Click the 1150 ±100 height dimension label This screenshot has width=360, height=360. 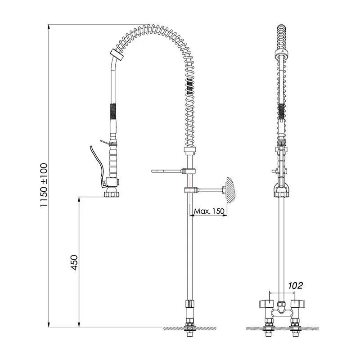[44, 185]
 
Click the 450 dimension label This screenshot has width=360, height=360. [74, 262]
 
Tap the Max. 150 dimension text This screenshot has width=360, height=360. [209, 211]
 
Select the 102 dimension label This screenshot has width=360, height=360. [296, 285]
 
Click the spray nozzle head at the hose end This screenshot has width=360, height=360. [112, 194]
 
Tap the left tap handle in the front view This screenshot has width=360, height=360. [266, 304]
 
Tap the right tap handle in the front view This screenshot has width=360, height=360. [297, 304]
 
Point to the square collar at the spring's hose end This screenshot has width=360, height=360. [117, 55]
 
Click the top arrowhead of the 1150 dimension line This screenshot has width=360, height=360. [49, 27]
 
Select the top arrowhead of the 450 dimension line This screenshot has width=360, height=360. [79, 199]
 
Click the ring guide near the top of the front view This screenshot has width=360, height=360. [282, 53]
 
